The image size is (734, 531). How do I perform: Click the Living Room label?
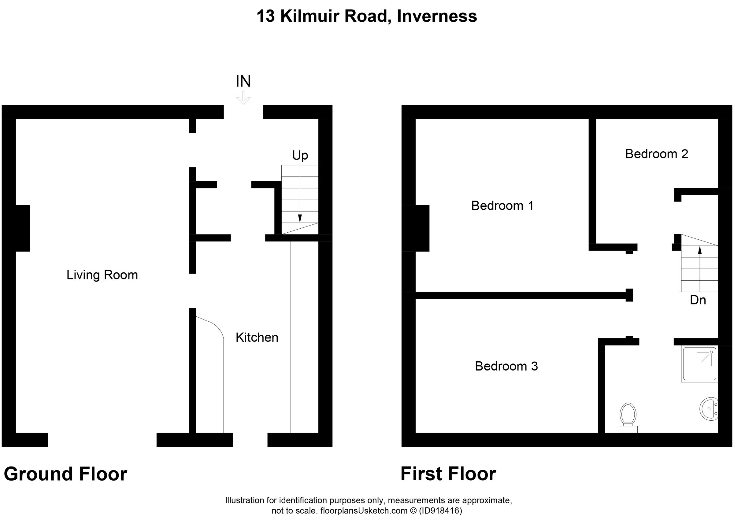102,275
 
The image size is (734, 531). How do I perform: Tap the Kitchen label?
257,337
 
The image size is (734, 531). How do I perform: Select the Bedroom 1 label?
502,206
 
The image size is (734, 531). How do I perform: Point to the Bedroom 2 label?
656,154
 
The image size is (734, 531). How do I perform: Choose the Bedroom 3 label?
506,366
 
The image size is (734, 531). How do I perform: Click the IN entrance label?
243,81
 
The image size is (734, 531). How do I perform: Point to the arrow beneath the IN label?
243,98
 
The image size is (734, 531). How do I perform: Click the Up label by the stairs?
300,156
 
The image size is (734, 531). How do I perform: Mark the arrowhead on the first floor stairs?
700,250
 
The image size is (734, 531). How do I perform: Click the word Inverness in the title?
437,16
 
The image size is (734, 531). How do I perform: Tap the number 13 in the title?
265,16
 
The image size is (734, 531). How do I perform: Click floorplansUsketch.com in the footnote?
363,511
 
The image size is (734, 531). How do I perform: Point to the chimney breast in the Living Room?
22,228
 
